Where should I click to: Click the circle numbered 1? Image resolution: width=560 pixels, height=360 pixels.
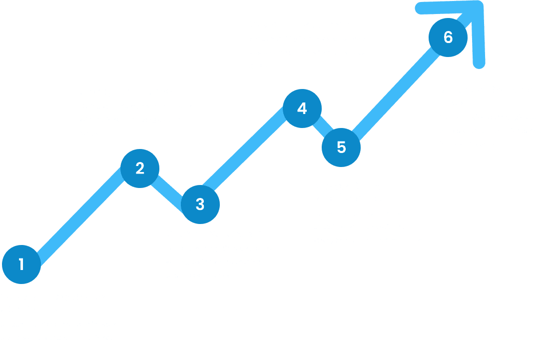pos(21,264)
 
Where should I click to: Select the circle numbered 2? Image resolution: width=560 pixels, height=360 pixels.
pos(140,168)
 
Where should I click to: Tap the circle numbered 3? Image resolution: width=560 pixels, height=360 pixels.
pos(200,204)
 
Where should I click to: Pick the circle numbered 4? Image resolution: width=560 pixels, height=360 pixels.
pos(302,108)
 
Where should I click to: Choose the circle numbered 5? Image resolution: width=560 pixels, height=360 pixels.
pos(341,147)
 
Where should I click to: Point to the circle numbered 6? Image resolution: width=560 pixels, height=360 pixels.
pos(448,37)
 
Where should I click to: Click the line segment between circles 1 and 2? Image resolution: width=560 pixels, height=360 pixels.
pos(81,216)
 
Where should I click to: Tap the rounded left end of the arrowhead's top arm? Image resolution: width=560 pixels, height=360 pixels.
pos(420,8)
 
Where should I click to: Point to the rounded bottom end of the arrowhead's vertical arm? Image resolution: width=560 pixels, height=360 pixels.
pos(479,63)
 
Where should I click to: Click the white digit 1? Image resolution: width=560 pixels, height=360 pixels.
pos(21,264)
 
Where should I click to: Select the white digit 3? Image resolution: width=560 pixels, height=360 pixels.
pos(200,204)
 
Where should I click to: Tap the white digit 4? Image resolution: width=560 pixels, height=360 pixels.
pos(302,108)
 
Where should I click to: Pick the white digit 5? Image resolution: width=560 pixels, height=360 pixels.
pos(341,147)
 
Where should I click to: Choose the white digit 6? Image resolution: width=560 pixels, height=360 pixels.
pos(448,37)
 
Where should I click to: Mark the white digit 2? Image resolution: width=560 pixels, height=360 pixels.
pos(140,168)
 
